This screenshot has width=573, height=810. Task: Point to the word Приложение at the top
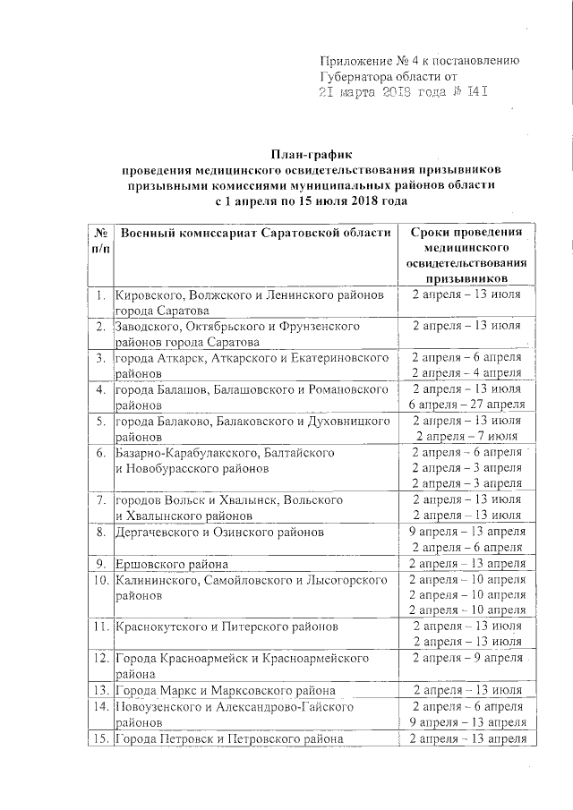(355, 61)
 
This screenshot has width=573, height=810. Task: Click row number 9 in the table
(100, 563)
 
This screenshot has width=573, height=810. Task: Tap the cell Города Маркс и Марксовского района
(225, 690)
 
